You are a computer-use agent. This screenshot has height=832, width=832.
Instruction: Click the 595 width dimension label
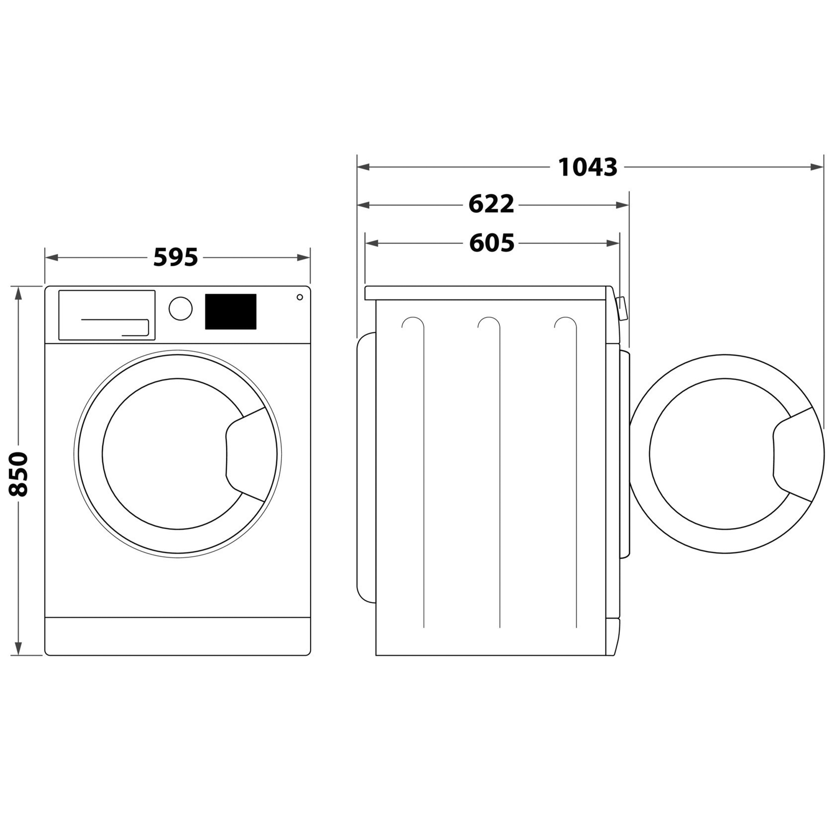(x=176, y=258)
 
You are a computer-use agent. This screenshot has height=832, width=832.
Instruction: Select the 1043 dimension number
(x=588, y=167)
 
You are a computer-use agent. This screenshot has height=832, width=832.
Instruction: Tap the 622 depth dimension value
(x=491, y=205)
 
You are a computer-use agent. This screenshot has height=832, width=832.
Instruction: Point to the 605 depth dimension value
(x=491, y=243)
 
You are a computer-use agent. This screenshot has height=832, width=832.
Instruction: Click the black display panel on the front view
(x=230, y=312)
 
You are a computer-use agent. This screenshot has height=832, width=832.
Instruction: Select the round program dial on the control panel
(x=181, y=308)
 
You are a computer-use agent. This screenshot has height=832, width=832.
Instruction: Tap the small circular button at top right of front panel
(x=299, y=297)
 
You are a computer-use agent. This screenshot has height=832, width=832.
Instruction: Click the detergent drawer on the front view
(x=107, y=315)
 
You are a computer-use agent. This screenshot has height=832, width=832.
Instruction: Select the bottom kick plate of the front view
(x=178, y=636)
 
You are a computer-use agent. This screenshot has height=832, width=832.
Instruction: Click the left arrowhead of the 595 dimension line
(x=51, y=258)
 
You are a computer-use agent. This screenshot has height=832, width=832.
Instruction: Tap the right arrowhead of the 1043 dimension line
(x=817, y=167)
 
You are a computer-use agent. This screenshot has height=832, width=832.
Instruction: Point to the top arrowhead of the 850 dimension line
(x=18, y=293)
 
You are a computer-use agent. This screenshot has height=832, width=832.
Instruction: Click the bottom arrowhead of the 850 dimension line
(x=18, y=649)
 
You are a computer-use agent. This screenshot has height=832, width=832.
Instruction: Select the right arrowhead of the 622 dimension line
(x=623, y=205)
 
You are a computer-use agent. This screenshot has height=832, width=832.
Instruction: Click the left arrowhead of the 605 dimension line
(x=371, y=243)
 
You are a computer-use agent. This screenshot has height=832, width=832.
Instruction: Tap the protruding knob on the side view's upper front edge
(x=622, y=309)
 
